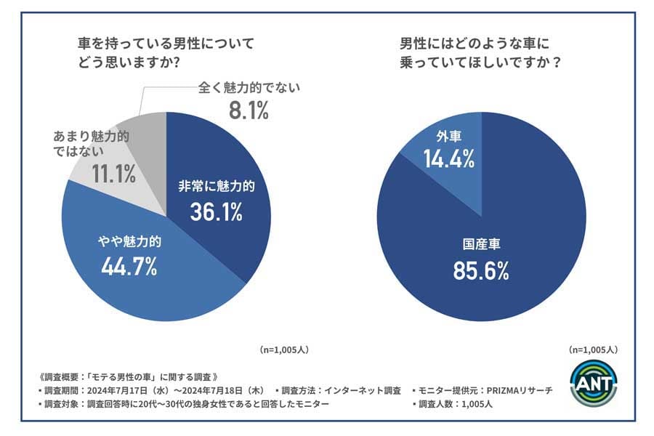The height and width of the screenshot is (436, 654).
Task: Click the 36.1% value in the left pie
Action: point(216,211)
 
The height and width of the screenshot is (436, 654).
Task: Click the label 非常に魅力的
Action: point(217,186)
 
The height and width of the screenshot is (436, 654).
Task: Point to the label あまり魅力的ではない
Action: point(89,144)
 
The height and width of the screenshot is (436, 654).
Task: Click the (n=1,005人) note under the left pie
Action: point(284,349)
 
